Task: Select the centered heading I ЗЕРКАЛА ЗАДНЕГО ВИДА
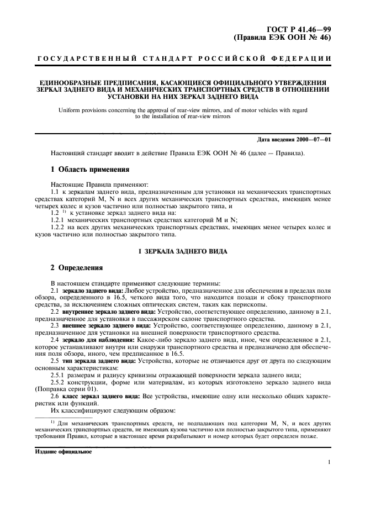[x=182, y=251]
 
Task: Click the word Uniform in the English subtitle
[x=70, y=110]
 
